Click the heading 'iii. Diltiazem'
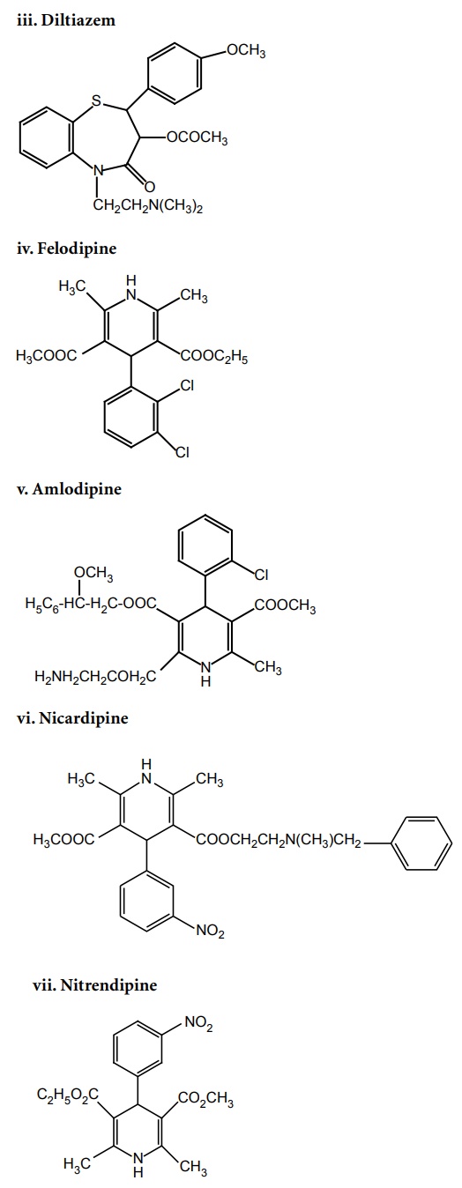[x=66, y=20]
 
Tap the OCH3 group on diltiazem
[x=246, y=51]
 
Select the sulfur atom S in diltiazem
[x=95, y=100]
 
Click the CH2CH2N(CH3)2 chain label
[x=148, y=205]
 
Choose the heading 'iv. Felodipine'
[x=67, y=249]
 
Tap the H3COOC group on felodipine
[x=48, y=356]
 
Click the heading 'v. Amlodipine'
[x=69, y=488]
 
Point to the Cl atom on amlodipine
[x=262, y=575]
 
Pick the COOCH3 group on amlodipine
[x=285, y=605]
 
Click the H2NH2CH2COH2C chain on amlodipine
[x=95, y=677]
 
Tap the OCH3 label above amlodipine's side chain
[x=93, y=574]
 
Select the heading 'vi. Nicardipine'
[x=73, y=718]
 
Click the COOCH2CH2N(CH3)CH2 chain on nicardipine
[x=279, y=840]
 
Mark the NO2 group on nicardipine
[x=210, y=931]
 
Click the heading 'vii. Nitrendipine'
[x=95, y=985]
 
